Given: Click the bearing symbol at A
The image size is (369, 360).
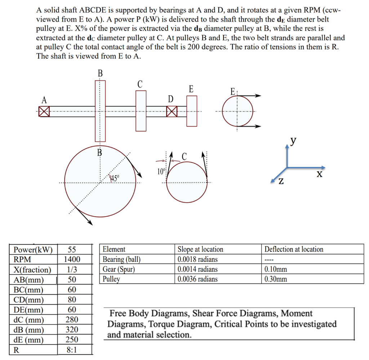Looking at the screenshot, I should pyautogui.click(x=44, y=111).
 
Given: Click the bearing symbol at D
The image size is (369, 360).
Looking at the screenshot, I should pyautogui.click(x=172, y=111).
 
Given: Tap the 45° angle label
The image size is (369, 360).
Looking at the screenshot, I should pyautogui.click(x=115, y=178).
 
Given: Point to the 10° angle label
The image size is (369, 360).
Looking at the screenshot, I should pyautogui.click(x=160, y=171).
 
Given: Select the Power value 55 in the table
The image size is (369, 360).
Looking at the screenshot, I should pyautogui.click(x=72, y=249).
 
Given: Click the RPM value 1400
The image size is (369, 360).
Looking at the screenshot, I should pyautogui.click(x=72, y=259).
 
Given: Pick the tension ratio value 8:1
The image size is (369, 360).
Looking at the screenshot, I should pyautogui.click(x=72, y=350).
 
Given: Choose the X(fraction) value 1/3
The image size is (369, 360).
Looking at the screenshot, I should pyautogui.click(x=72, y=270).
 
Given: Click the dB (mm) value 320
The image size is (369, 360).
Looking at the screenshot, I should pyautogui.click(x=72, y=329).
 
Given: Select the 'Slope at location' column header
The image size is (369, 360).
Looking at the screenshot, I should pyautogui.click(x=200, y=249).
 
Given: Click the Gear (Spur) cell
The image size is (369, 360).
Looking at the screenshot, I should pyautogui.click(x=119, y=269).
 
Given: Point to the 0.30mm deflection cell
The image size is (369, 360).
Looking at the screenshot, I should pyautogui.click(x=276, y=279).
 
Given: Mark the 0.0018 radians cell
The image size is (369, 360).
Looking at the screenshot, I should pyautogui.click(x=198, y=259).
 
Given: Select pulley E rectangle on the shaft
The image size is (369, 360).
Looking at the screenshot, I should pyautogui.click(x=192, y=111).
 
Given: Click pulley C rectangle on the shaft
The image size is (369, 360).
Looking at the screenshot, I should pyautogui.click(x=141, y=110).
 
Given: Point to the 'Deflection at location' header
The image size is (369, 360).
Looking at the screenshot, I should pyautogui.click(x=294, y=249).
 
